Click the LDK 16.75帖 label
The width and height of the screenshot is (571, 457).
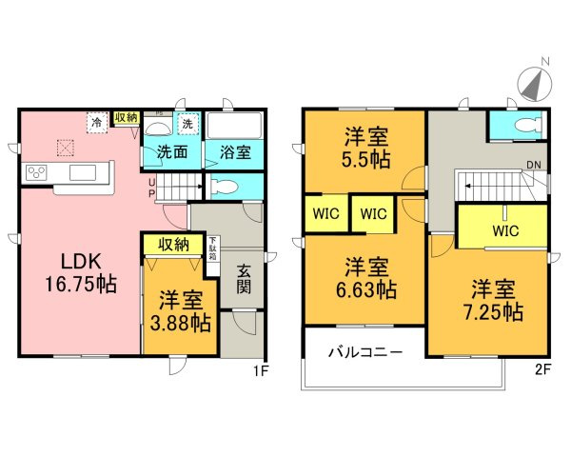(x=79, y=271)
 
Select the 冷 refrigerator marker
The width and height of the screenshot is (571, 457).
(x=96, y=122)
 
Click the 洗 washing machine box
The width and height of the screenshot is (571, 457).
(x=187, y=124)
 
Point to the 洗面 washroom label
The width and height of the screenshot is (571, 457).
(x=171, y=150)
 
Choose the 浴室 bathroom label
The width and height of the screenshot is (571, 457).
(x=233, y=150)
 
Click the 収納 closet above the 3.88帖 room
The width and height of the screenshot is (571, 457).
(x=173, y=245)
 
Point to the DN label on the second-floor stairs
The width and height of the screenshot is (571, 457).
(x=536, y=168)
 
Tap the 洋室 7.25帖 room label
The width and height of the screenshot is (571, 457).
(x=492, y=298)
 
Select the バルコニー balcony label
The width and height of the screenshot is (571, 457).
(x=365, y=351)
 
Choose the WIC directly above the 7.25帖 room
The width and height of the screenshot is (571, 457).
(x=504, y=229)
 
